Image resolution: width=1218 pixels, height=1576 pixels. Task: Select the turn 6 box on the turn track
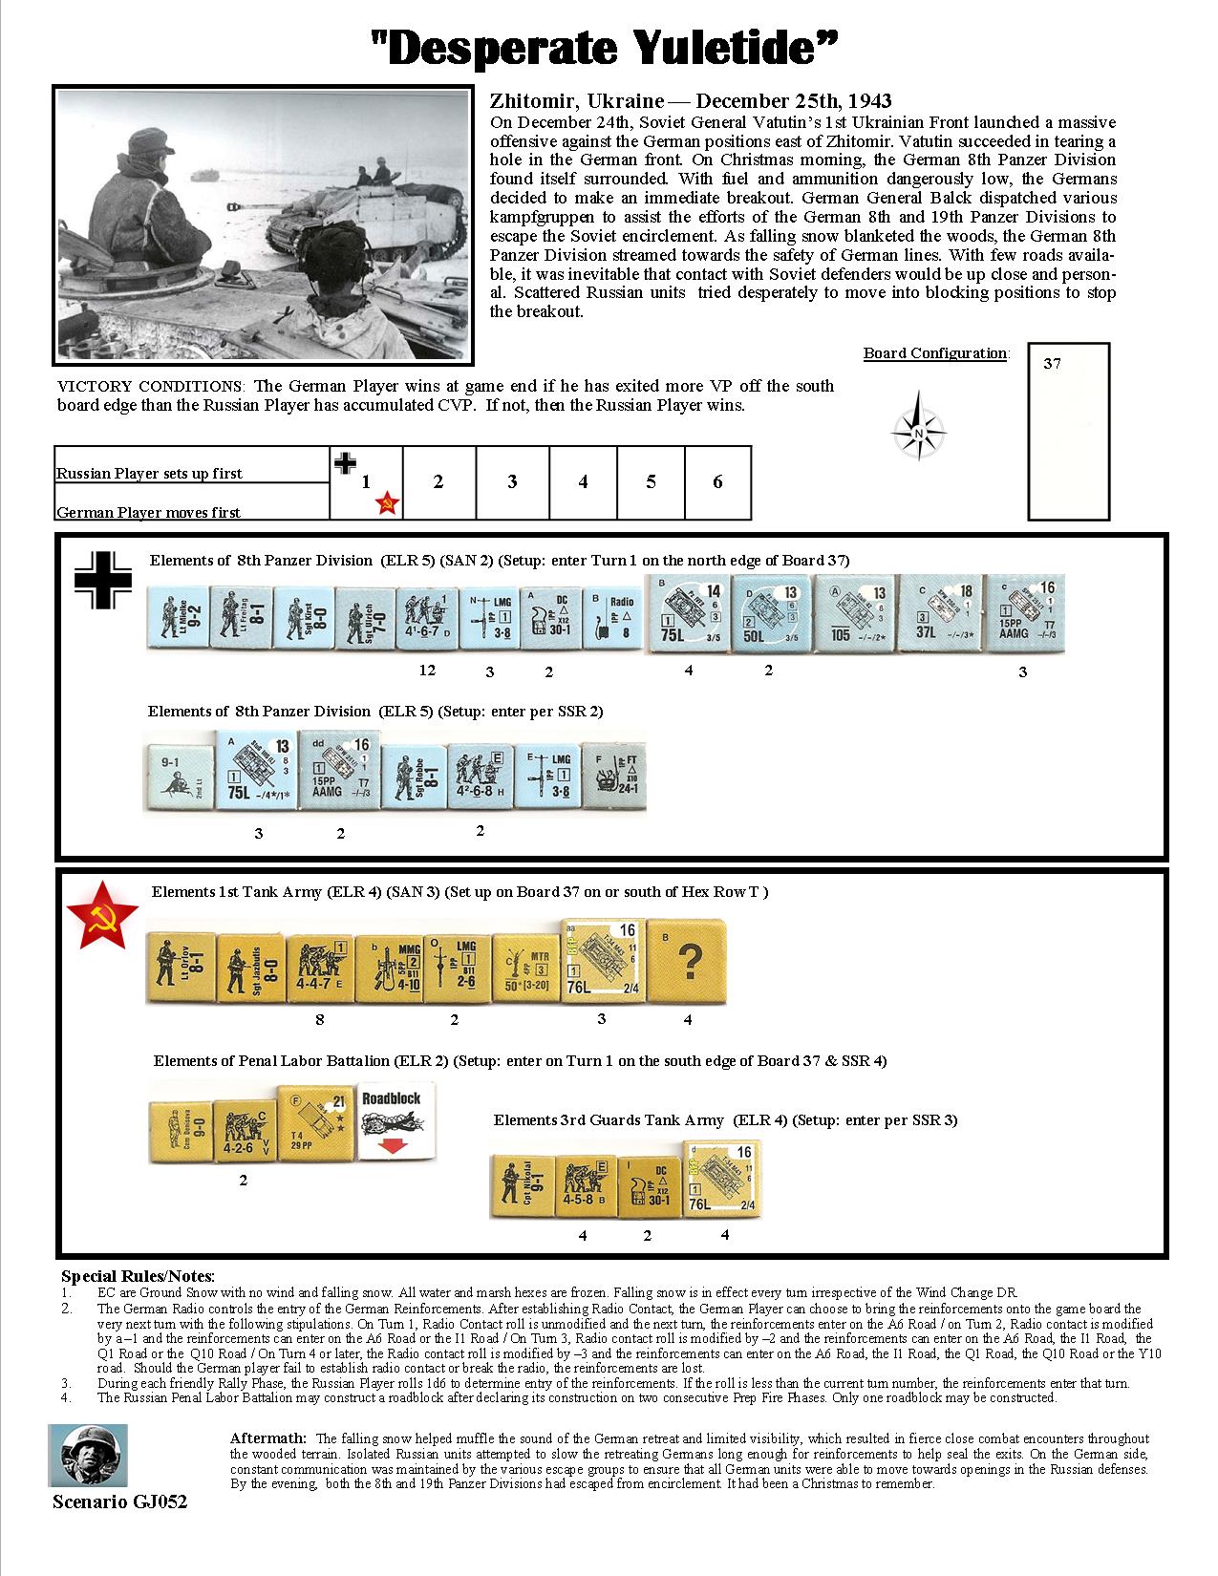717,482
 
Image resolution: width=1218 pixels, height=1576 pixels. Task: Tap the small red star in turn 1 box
386,503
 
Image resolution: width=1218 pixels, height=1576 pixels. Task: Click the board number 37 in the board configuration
1052,364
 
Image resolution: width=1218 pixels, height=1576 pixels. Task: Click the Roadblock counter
397,1122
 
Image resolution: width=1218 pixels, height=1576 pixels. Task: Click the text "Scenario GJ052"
118,1501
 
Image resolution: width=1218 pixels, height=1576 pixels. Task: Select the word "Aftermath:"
268,1438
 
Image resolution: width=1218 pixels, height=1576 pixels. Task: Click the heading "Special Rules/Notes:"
138,1276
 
